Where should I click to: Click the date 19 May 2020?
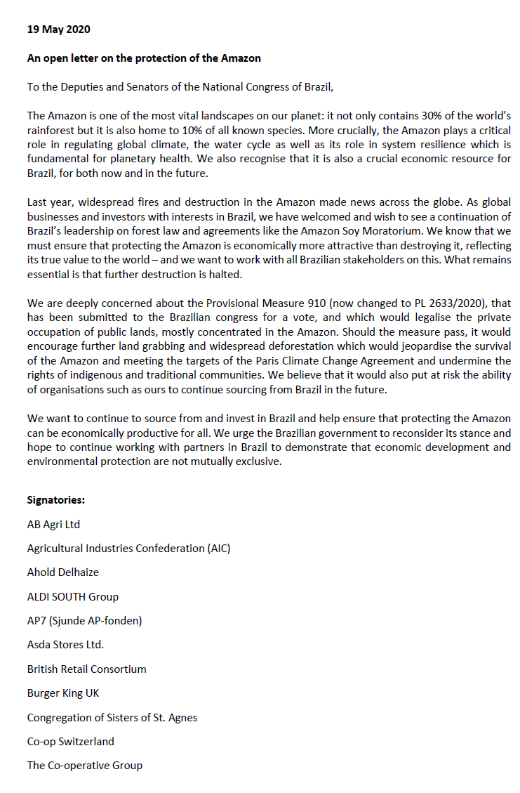tap(58, 30)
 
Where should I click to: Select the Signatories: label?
tap(56, 500)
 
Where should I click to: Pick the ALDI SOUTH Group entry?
tap(73, 596)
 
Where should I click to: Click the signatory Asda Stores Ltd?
tap(65, 645)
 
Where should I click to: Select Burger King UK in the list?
tap(63, 693)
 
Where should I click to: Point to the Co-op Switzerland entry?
tap(70, 742)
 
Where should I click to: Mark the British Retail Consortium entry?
tap(86, 669)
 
